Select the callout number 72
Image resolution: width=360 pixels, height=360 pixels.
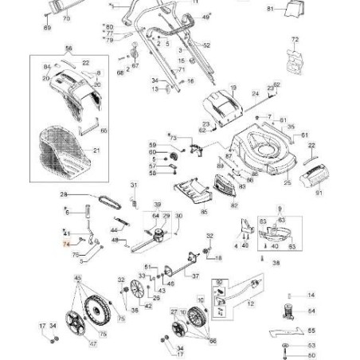[x=295, y=39]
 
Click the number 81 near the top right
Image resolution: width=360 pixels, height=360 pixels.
[x=269, y=9]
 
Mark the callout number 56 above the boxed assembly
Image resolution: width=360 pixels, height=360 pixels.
[x=68, y=49]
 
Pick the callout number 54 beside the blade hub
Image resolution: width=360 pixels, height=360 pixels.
[x=311, y=311]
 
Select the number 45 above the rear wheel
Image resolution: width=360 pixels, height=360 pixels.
[x=77, y=278]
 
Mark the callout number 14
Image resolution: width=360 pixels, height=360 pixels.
[x=311, y=295]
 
